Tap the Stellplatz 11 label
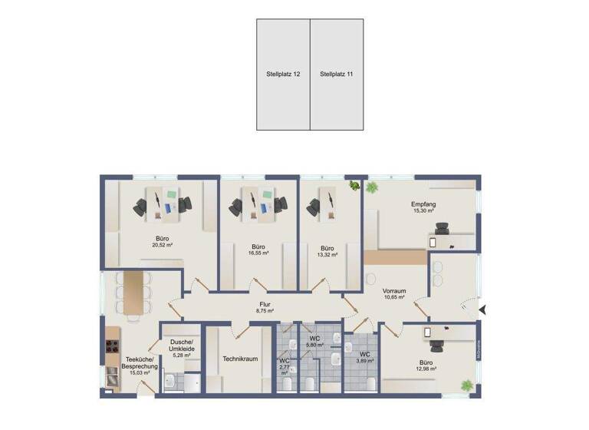coord(336,74)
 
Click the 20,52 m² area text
coord(162,246)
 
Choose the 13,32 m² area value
coord(327,256)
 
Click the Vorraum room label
coord(394,291)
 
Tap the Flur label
coord(265,305)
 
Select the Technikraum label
coord(239,359)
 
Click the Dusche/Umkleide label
coord(182,346)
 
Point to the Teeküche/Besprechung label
coord(139,363)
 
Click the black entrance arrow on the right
coord(482,310)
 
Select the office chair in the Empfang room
coord(443,227)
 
